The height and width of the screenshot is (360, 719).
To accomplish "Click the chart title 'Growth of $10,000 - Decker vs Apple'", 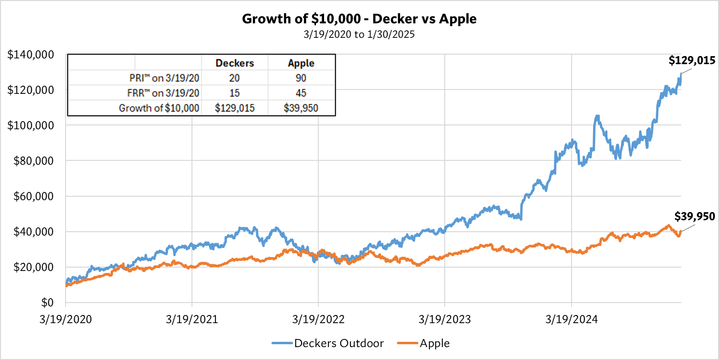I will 359,19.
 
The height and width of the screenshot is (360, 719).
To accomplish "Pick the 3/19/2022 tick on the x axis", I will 318,319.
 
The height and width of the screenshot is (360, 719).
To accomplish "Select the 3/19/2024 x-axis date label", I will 571,319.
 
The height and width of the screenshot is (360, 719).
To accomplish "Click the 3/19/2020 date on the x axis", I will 66,319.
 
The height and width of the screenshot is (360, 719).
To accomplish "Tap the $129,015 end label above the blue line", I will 692,61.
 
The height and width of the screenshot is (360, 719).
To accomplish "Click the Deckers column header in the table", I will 235,63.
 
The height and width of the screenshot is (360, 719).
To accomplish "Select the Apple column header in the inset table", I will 301,63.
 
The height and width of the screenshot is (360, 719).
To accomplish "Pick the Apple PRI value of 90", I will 301,78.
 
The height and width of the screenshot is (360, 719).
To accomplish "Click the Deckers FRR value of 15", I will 235,93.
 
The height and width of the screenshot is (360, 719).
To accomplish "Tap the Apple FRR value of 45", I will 301,93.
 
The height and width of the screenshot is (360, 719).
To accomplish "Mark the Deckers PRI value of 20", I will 235,78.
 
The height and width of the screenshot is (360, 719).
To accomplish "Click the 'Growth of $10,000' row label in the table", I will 159,108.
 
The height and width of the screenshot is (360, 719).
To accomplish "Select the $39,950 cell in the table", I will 301,108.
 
